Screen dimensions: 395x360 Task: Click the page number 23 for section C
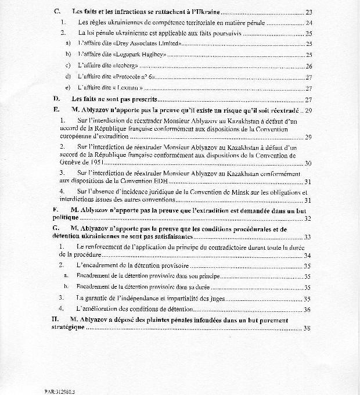(x=309, y=12)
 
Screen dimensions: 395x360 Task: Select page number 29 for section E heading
(x=309, y=110)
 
